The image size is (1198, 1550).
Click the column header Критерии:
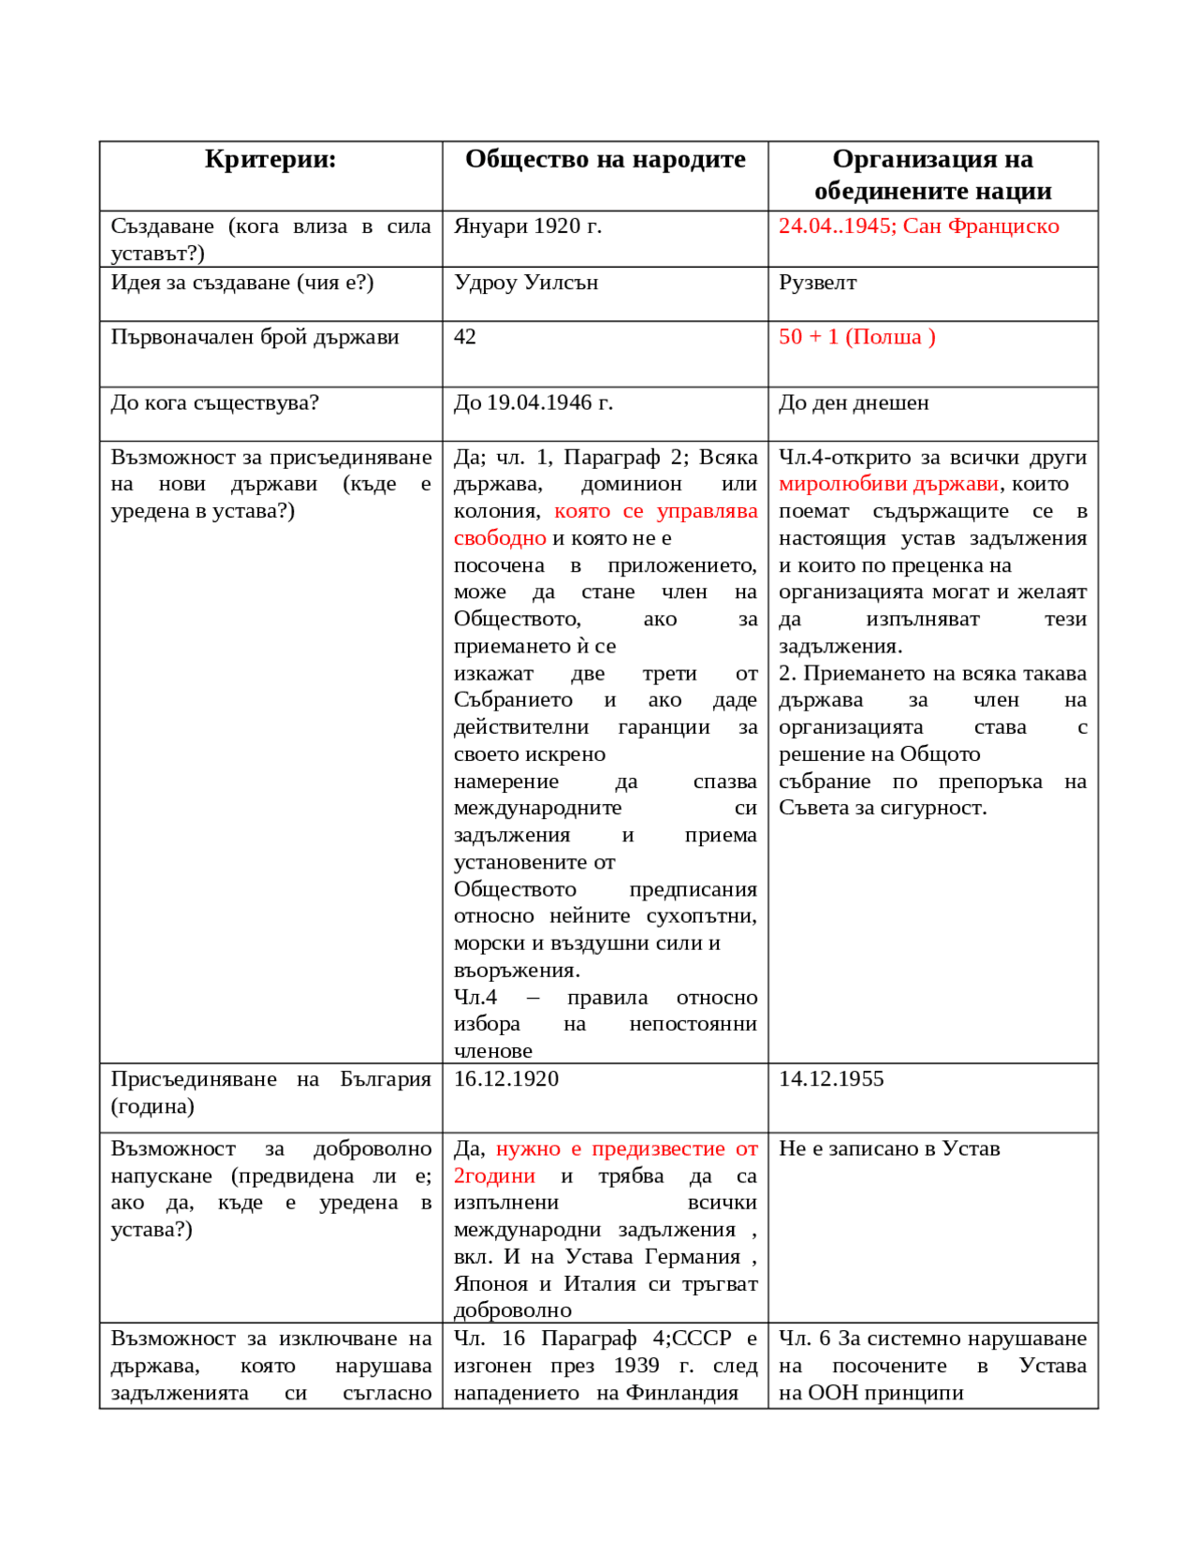point(270,160)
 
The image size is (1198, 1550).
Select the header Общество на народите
point(605,160)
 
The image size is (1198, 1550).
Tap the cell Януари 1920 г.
point(527,227)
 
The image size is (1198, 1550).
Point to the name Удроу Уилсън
point(525,283)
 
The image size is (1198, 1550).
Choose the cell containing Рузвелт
point(817,283)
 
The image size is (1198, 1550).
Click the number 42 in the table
point(464,337)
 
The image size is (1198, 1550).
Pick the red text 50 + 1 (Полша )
point(856,337)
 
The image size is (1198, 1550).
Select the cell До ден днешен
point(854,403)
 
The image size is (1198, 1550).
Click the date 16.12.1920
point(505,1079)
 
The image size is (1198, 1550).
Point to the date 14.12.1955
point(831,1079)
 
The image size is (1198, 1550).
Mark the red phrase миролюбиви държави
point(888,484)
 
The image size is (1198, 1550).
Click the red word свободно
point(500,538)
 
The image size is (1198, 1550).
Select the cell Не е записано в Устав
point(889,1148)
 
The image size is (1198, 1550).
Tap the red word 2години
point(494,1176)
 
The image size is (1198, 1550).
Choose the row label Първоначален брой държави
point(255,337)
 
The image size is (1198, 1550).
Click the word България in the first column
point(385,1079)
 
